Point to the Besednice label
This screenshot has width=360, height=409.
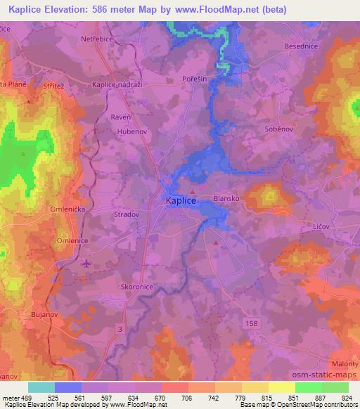click(x=302, y=65)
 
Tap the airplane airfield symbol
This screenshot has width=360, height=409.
click(x=86, y=264)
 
